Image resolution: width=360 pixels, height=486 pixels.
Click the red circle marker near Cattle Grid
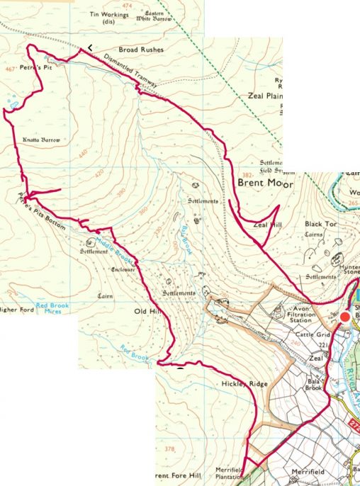click(346, 317)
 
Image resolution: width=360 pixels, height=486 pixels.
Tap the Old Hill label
click(147, 311)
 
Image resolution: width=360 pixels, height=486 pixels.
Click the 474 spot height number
click(127, 6)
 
